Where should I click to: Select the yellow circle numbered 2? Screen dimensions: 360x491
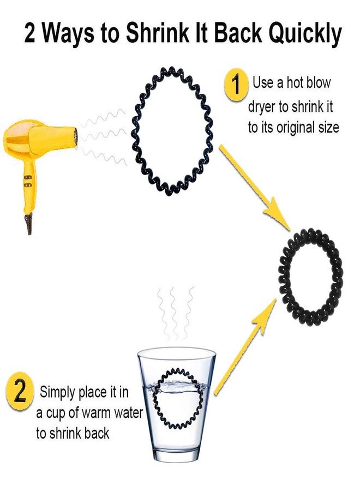(x=20, y=391)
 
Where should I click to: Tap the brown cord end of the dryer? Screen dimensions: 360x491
(x=29, y=223)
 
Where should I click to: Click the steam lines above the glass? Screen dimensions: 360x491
(x=174, y=313)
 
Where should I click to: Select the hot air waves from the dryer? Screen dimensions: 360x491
(x=104, y=137)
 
